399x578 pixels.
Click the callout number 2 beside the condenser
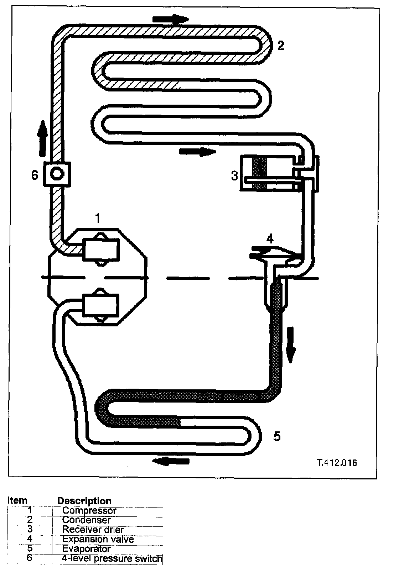point(281,46)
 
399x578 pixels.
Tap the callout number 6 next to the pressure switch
point(35,175)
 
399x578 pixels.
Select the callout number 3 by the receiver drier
point(234,175)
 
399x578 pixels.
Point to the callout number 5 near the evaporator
point(277,436)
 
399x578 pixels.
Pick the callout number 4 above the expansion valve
point(270,238)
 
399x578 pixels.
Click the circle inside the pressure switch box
point(57,174)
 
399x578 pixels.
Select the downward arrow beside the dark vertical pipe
point(291,345)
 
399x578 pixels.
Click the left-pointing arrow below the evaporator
point(171,461)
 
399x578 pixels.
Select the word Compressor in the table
point(89,510)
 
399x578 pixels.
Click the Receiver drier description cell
point(93,530)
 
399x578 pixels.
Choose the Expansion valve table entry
point(98,539)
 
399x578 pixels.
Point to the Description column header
point(84,501)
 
